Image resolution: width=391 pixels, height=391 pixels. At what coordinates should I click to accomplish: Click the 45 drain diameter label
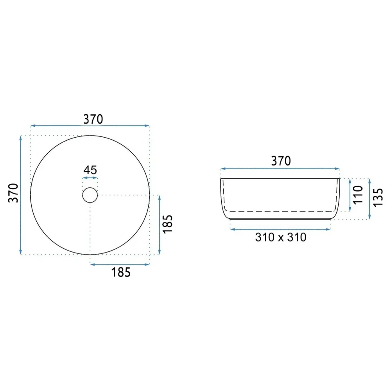90,170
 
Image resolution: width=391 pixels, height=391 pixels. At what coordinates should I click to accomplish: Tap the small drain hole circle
90,188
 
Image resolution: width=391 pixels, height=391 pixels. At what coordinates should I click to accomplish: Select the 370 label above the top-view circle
93,119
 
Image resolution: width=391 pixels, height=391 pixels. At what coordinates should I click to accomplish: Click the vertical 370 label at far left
13,193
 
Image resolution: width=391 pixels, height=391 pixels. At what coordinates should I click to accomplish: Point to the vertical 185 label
168,224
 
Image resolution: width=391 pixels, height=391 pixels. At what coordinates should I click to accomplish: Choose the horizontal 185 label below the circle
121,272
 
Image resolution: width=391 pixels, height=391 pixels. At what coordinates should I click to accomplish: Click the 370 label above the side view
281,161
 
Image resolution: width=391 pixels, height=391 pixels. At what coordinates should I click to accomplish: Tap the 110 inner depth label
358,194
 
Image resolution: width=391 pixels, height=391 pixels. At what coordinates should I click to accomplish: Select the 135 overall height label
378,197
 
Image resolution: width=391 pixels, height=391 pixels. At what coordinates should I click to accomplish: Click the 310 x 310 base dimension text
281,237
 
